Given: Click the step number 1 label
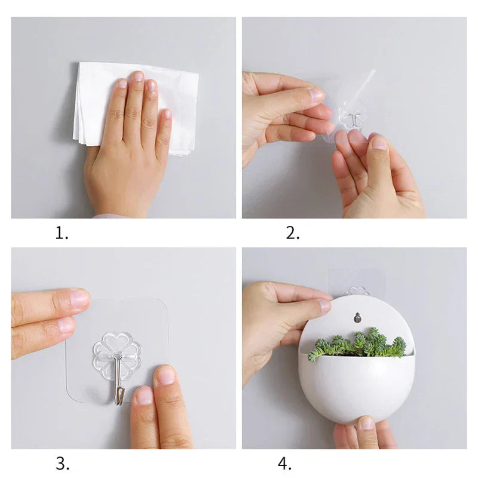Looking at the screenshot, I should pyautogui.click(x=62, y=234).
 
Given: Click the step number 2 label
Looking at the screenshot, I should pyautogui.click(x=292, y=234).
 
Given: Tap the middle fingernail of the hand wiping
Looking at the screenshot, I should pyautogui.click(x=138, y=76).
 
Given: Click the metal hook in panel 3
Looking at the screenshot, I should pyautogui.click(x=120, y=382).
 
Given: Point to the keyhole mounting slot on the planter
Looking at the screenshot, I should pyautogui.click(x=357, y=317).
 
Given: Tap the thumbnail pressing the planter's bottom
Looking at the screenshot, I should pyautogui.click(x=366, y=424).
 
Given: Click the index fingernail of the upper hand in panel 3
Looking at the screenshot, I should pyautogui.click(x=79, y=298).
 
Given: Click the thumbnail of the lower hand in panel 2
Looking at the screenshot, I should pyautogui.click(x=378, y=143).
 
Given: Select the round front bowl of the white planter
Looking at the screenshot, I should pyautogui.click(x=356, y=388).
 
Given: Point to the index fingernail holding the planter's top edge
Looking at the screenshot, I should pyautogui.click(x=324, y=306).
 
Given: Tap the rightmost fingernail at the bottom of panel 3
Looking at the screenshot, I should pyautogui.click(x=166, y=376).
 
